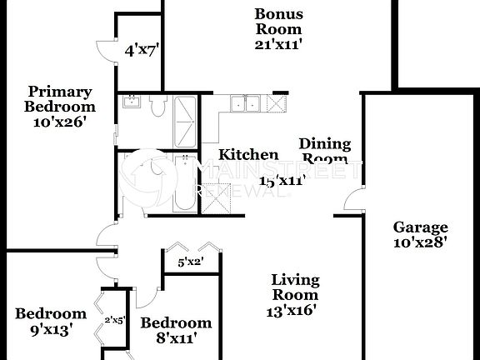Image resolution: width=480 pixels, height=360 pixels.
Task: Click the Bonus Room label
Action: (x=278, y=22)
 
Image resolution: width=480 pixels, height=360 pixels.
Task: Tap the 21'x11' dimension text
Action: (x=278, y=43)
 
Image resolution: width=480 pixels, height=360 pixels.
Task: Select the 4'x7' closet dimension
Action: (x=142, y=51)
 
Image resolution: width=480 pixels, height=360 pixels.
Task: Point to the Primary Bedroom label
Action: (x=59, y=99)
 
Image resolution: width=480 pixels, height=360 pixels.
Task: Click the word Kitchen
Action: (x=248, y=155)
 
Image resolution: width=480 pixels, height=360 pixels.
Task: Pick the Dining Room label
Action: (x=325, y=152)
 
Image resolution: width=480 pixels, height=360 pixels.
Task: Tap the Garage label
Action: (x=421, y=227)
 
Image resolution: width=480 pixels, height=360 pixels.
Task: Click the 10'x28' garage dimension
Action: (x=421, y=243)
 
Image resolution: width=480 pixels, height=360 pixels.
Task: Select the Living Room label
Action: (x=295, y=287)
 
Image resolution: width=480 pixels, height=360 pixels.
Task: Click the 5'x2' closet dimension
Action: (x=191, y=263)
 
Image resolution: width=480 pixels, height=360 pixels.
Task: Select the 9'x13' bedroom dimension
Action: (x=50, y=330)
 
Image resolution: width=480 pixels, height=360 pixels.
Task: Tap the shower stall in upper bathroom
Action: (x=185, y=119)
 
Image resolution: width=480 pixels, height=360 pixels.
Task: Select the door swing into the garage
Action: (x=353, y=201)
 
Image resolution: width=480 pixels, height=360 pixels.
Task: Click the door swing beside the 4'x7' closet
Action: (x=105, y=52)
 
